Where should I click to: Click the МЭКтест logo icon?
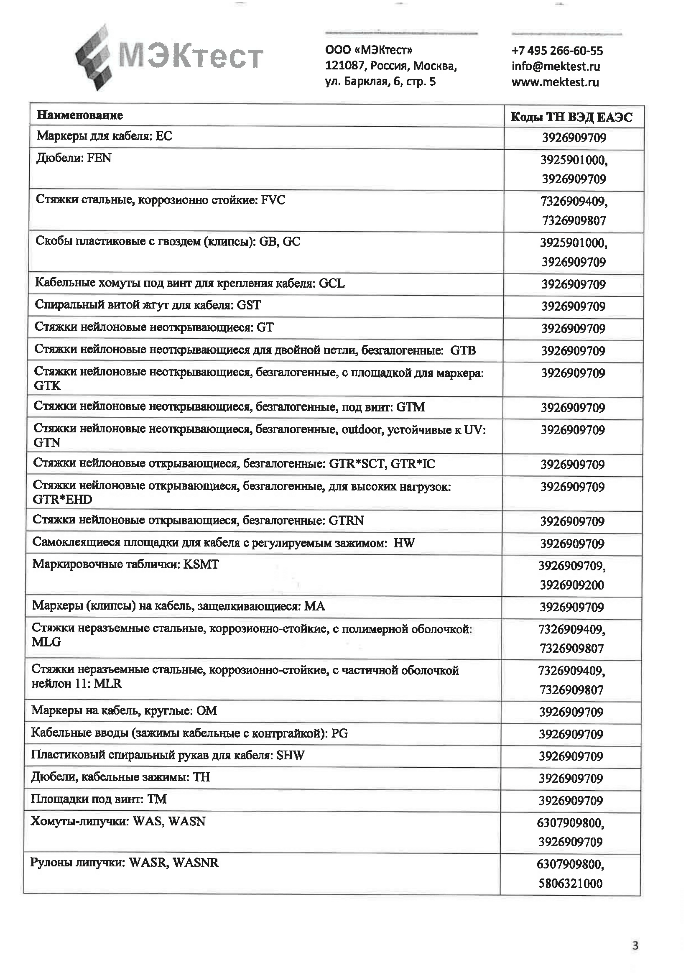pos(95,58)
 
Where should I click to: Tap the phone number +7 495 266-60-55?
pos(557,51)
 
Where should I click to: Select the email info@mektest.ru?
pos(556,66)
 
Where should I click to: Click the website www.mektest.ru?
pos(555,82)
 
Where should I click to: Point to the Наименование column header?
pos(79,115)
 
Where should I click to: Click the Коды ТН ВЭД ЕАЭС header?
pos(571,117)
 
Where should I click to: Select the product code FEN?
pos(99,158)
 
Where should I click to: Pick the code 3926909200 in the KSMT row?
pos(572,585)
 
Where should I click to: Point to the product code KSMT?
pos(201,564)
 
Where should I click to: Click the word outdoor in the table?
pos(362,429)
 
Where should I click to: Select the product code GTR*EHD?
pos(62,499)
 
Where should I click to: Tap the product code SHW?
pos(291,755)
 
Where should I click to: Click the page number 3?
pos(635,946)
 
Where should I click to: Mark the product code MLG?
pos(46,642)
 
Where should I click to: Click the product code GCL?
pos(331,283)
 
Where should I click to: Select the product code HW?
pos(404,543)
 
